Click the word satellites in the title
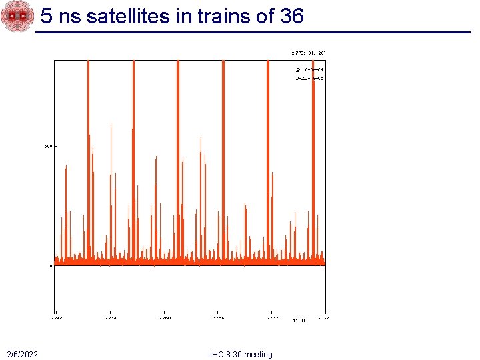(x=128, y=17)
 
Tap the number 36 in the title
(x=292, y=17)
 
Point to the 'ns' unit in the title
(x=69, y=17)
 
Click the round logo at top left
(x=17, y=17)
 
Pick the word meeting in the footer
(x=258, y=354)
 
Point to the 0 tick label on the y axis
(x=51, y=265)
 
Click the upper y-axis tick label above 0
(x=48, y=146)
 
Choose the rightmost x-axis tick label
(x=325, y=318)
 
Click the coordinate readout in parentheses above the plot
(x=307, y=52)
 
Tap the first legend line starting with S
(x=309, y=69)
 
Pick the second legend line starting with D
(x=309, y=78)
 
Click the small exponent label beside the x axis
(x=299, y=321)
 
